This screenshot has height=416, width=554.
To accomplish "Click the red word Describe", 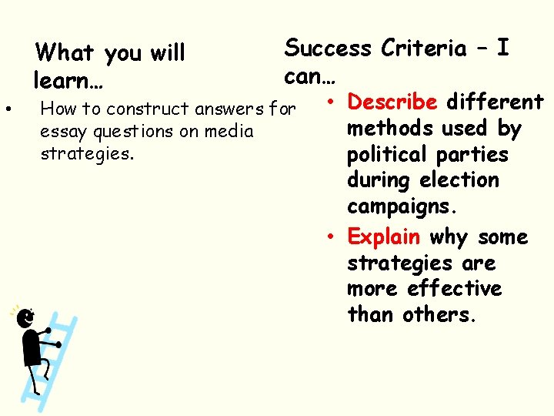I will click(x=392, y=102).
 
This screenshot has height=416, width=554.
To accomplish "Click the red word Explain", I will click(x=384, y=237).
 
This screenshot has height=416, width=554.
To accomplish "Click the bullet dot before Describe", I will click(x=328, y=102).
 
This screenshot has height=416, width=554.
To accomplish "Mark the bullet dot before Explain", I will click(x=328, y=237).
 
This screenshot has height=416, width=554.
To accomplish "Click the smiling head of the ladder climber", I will click(x=25, y=317).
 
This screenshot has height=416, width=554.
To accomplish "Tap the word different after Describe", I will click(x=496, y=102).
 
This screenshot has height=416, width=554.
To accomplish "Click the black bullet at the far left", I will click(x=8, y=109).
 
